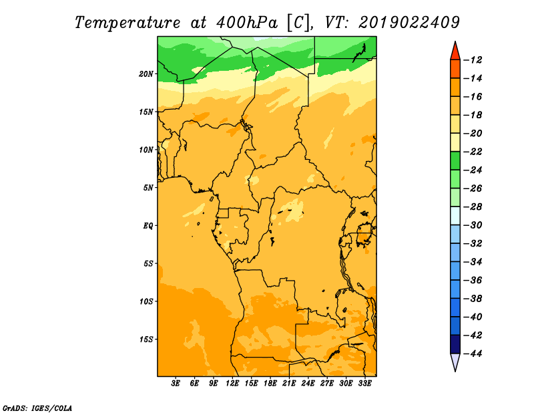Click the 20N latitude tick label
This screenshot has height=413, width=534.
(146, 74)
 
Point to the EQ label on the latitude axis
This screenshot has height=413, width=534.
(148, 226)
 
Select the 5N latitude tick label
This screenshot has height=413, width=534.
(148, 188)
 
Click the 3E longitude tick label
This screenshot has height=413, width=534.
(176, 383)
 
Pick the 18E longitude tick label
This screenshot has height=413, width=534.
(270, 383)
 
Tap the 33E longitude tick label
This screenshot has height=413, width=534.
(364, 383)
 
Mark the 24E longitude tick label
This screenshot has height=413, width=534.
(308, 383)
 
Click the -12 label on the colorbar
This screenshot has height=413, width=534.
(473, 60)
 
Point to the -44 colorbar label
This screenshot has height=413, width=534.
(473, 354)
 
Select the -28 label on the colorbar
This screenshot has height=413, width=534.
(473, 206)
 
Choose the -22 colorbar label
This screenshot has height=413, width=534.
(473, 152)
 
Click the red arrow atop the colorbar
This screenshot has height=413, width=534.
(455, 52)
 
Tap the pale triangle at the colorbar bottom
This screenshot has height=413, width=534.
(455, 362)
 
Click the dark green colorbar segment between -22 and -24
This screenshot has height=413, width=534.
(455, 160)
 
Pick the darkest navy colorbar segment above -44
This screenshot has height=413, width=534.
(455, 344)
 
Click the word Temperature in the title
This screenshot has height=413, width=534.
(127, 23)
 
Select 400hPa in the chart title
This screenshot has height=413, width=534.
(246, 23)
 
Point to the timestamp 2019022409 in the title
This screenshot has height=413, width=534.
(409, 23)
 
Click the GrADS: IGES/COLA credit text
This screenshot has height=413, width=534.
(37, 408)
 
